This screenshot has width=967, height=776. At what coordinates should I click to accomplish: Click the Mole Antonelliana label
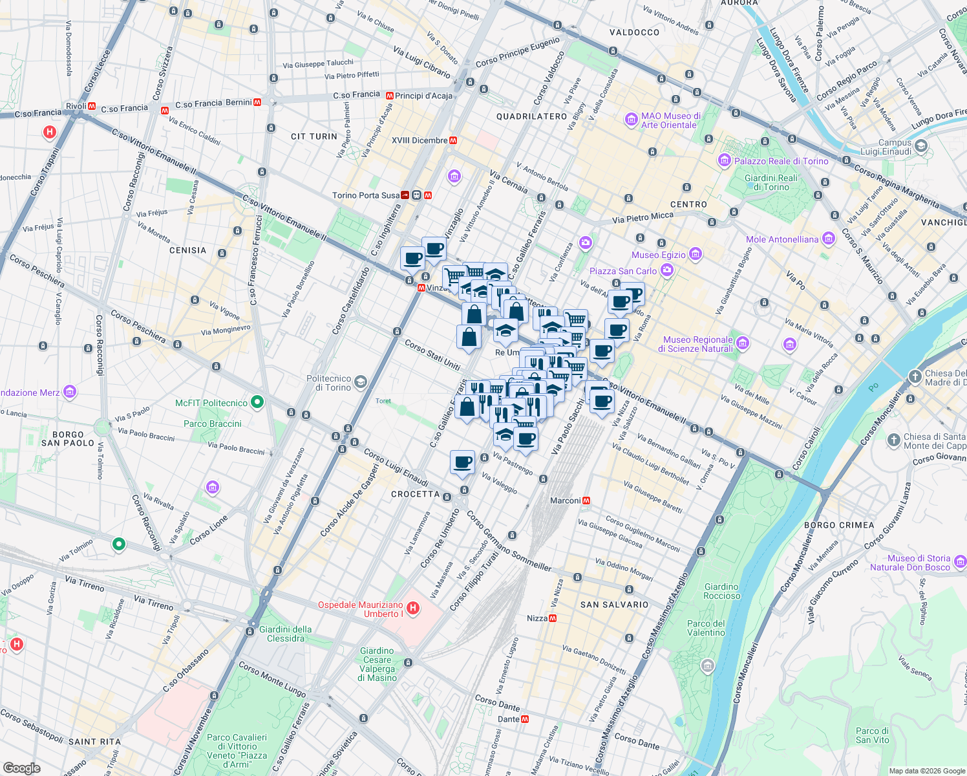[782, 239]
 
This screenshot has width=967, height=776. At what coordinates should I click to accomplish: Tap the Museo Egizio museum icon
[695, 253]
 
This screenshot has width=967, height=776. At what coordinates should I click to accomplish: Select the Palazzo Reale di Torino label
[781, 161]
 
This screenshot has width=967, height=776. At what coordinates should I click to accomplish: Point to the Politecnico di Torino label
[328, 383]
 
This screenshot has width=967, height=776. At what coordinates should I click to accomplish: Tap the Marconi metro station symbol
[586, 501]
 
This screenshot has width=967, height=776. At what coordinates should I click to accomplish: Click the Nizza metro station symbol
[553, 618]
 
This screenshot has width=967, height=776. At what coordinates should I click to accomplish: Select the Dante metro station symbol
[525, 719]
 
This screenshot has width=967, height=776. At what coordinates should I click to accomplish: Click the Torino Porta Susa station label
[366, 195]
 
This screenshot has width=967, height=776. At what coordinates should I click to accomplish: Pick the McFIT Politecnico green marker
[257, 402]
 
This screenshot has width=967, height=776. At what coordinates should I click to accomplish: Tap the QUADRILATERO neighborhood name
[531, 116]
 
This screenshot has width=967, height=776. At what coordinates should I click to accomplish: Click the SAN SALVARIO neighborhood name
[614, 605]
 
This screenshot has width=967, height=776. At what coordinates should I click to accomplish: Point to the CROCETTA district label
[415, 494]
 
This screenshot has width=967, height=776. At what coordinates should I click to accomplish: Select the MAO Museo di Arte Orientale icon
[631, 120]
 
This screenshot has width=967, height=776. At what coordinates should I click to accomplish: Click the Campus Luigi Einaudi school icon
[921, 146]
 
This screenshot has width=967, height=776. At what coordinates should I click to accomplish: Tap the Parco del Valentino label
[706, 628]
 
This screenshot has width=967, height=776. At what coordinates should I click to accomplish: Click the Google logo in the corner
[21, 768]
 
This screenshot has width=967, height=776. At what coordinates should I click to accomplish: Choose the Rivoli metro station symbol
[92, 106]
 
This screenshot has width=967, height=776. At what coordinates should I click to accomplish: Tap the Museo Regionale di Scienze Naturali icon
[743, 343]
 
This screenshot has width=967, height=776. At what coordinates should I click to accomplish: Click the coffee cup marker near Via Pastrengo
[463, 462]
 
